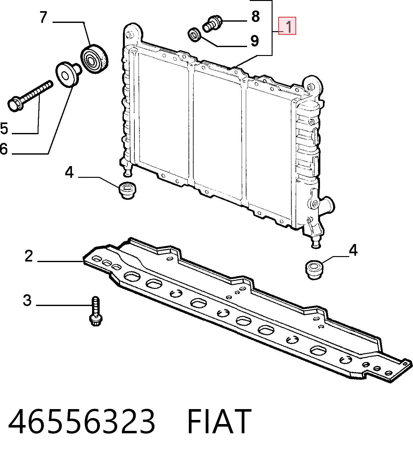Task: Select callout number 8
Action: pyautogui.click(x=255, y=16)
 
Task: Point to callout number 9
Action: pyautogui.click(x=254, y=41)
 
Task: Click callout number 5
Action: pyautogui.click(x=4, y=128)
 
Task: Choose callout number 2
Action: pyautogui.click(x=29, y=256)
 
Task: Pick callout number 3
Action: pyautogui.click(x=27, y=300)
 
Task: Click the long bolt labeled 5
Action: pyautogui.click(x=30, y=96)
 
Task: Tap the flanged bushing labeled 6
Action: pyautogui.click(x=68, y=74)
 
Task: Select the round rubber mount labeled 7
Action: pyautogui.click(x=95, y=59)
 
